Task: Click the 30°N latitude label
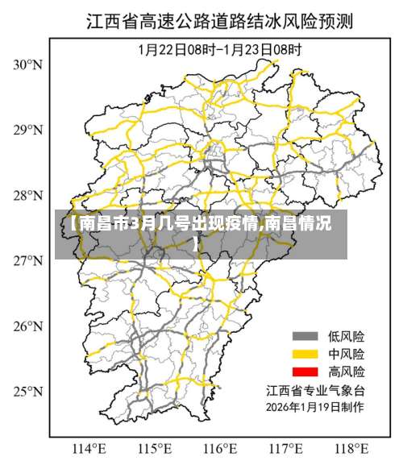coord(27,64)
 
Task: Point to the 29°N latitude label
coord(27,130)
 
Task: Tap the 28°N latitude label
coord(27,195)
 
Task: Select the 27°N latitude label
coord(27,260)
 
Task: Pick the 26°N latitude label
coord(27,326)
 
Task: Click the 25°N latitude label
coord(27,391)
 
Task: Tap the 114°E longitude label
coord(89,448)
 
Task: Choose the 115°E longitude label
coord(156,448)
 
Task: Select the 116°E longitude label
coord(221,448)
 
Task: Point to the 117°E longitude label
coord(286,448)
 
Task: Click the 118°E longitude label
coord(351,448)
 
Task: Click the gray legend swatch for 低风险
coord(304,336)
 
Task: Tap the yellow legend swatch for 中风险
coord(304,354)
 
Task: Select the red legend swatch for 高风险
coord(304,371)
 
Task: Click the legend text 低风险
coord(346,336)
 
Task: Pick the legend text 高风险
coord(346,371)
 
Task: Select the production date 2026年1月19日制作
coord(316,408)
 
